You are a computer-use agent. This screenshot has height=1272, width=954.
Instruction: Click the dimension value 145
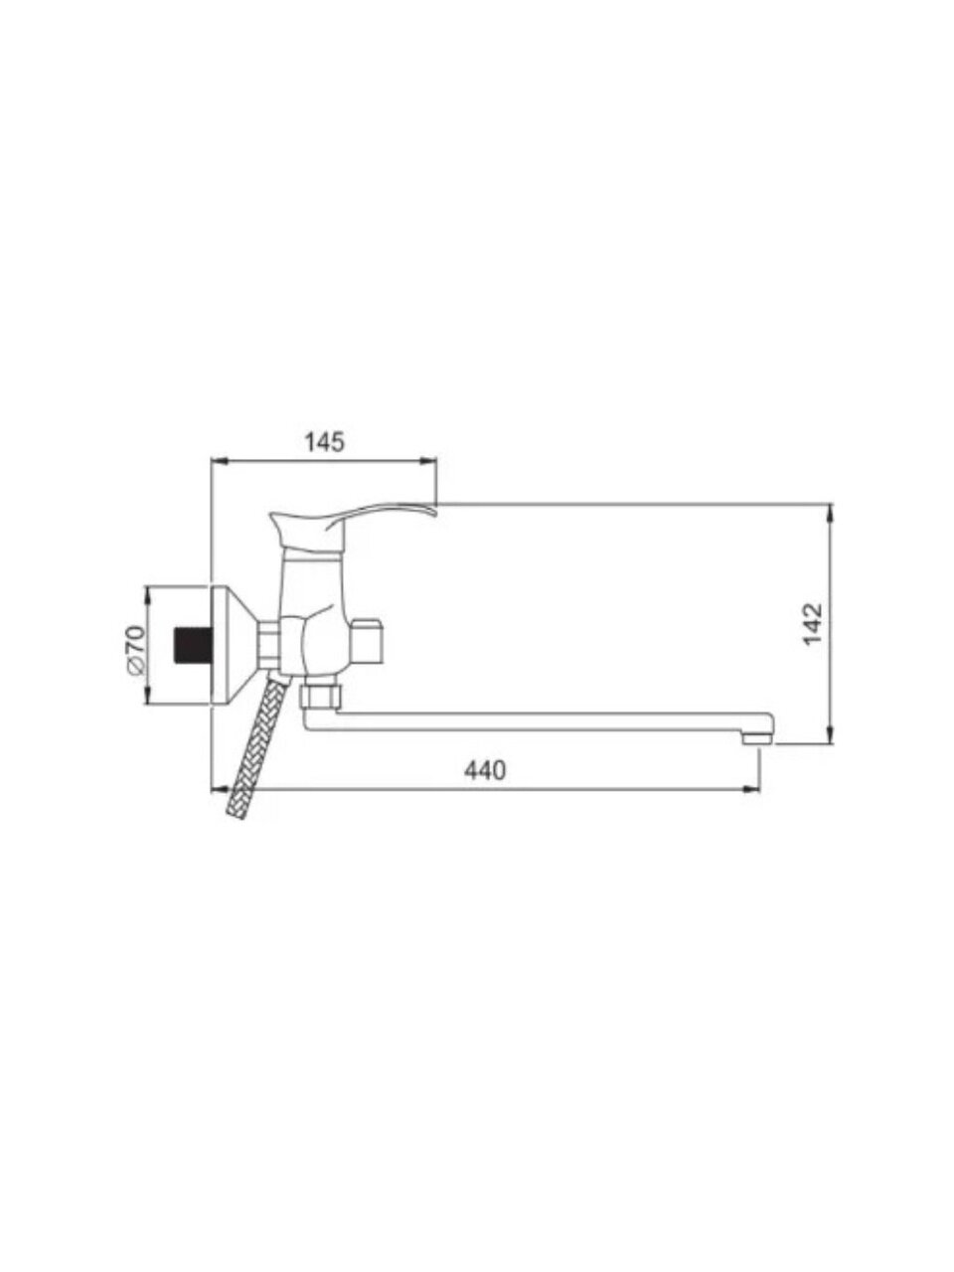coord(324,442)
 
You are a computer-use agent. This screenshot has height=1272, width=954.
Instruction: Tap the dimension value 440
coord(484,770)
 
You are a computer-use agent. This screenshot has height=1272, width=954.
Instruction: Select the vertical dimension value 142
coord(813,624)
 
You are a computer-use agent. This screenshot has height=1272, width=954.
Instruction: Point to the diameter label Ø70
coord(135,649)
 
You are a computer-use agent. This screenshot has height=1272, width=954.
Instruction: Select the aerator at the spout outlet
coord(757,738)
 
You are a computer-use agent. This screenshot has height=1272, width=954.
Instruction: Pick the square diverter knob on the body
coord(368,642)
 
